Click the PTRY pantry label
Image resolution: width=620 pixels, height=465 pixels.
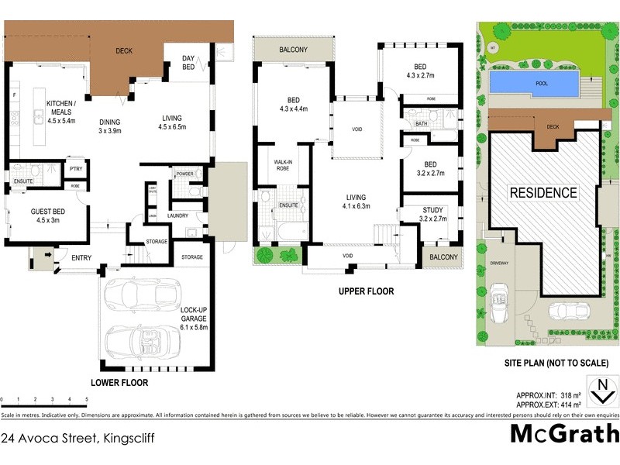[x=76, y=169]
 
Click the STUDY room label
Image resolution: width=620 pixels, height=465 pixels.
[x=432, y=210]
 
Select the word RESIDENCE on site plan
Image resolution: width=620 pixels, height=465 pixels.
[x=542, y=192]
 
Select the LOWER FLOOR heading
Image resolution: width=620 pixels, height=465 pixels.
[x=119, y=382]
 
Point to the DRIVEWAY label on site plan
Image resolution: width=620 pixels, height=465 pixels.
[x=500, y=264]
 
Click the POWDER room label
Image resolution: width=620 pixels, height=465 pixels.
[x=184, y=174]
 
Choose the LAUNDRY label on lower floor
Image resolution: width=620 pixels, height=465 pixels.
[x=175, y=215]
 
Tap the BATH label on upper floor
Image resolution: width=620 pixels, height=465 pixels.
[x=421, y=123]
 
